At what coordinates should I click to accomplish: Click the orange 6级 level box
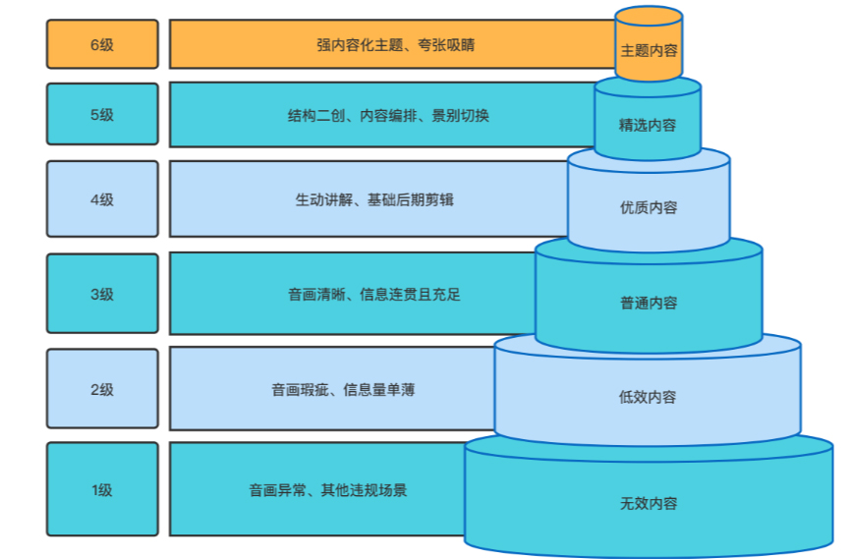(102, 44)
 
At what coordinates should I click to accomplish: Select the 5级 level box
(102, 115)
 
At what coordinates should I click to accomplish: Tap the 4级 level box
(102, 199)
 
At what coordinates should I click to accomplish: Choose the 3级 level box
(102, 294)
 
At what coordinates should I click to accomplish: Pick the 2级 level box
(102, 389)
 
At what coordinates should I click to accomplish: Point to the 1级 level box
(102, 489)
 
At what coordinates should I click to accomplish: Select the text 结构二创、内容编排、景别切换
(388, 115)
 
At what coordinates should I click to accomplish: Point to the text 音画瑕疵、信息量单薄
(343, 389)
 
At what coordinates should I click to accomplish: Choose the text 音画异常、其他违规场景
(328, 489)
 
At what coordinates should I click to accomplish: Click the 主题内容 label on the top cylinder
(649, 50)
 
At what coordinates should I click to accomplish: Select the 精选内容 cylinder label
(648, 125)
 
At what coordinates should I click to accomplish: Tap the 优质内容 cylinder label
(649, 207)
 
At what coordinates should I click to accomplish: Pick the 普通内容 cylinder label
(649, 303)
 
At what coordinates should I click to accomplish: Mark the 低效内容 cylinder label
(648, 397)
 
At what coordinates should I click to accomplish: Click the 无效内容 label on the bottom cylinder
(649, 503)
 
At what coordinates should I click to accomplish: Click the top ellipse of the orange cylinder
(649, 16)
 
